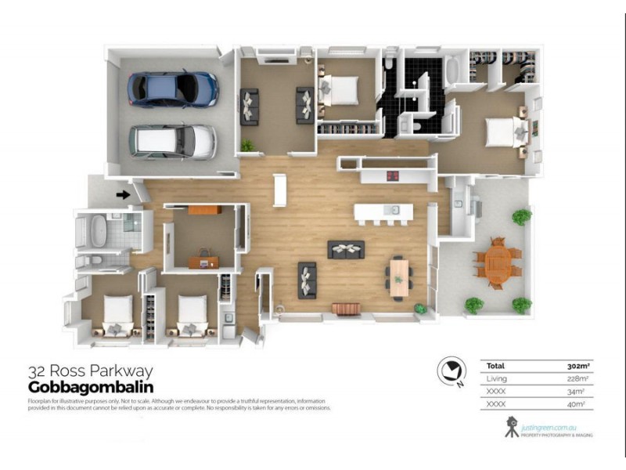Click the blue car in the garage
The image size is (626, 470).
coord(174,89)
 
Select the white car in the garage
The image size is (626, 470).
coord(172,141)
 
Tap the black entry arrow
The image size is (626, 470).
coord(122,194)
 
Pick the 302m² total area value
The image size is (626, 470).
coord(577,366)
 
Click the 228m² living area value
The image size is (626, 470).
coord(577,378)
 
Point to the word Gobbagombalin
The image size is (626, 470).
coord(90,387)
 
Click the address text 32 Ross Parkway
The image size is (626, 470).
coord(90,371)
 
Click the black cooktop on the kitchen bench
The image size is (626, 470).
coord(390,175)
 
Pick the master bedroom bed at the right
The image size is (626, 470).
coord(501,132)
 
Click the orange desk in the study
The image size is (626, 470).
coord(205,209)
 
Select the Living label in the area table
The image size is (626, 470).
coord(496,378)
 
